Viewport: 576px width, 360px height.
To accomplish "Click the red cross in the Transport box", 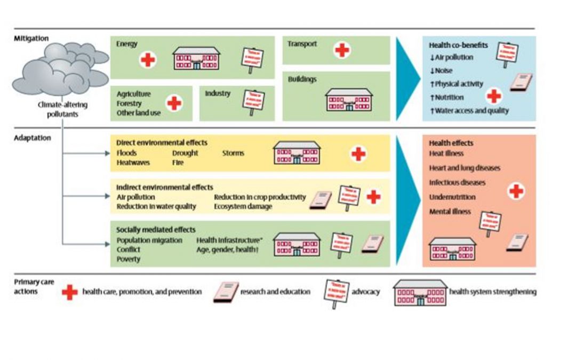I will coord(342,50).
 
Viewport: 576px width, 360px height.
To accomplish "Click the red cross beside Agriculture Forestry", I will coord(173,103).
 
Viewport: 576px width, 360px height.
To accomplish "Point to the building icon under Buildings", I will coord(349,100).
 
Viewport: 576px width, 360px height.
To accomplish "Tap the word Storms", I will coord(234,153).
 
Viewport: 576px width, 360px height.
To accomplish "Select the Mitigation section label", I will coord(31,38).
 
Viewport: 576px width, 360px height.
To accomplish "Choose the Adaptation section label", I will coord(33,138).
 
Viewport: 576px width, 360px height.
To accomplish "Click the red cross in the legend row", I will coord(70,292).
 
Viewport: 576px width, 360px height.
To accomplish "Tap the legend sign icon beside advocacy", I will coord(336,292).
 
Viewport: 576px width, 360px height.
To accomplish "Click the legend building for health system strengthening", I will coord(419,292).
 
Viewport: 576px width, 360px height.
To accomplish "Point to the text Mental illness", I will coord(450,212).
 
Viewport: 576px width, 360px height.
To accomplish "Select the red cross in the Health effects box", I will coord(515,191).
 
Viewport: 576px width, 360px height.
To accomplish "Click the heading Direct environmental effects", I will coord(162,143).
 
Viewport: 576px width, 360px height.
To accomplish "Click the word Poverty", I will coord(129,259).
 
